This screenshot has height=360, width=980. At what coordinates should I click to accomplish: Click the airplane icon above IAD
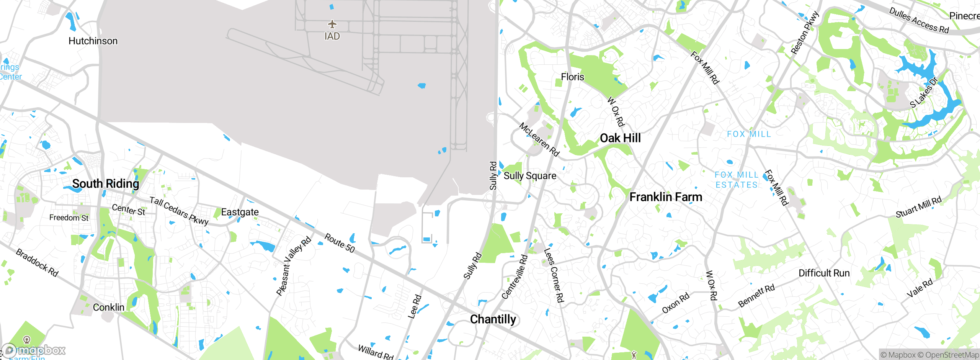click(332, 25)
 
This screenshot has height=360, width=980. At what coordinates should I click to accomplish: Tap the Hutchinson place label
click(93, 41)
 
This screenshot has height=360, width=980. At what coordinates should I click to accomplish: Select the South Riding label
click(106, 184)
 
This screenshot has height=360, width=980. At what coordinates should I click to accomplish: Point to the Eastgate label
click(240, 212)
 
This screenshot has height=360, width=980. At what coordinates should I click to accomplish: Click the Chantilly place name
click(493, 319)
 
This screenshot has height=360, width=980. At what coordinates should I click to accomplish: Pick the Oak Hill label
click(620, 138)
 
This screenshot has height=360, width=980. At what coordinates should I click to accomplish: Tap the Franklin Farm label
click(666, 197)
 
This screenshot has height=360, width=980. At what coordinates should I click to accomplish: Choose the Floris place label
click(572, 77)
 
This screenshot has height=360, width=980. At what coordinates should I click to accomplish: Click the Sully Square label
click(530, 176)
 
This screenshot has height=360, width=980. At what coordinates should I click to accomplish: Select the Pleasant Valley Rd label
click(294, 266)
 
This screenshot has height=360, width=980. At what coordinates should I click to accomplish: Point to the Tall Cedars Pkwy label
click(179, 211)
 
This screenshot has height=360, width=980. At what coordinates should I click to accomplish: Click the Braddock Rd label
click(37, 263)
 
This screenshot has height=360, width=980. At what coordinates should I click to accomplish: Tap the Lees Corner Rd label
click(554, 275)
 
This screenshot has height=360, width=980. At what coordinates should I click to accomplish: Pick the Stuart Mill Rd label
click(918, 207)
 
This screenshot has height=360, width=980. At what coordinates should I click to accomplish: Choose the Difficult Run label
click(824, 273)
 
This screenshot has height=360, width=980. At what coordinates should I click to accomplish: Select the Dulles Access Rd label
click(919, 21)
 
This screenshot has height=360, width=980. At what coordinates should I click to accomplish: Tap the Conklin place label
click(108, 308)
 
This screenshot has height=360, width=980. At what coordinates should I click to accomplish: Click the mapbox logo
click(34, 350)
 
